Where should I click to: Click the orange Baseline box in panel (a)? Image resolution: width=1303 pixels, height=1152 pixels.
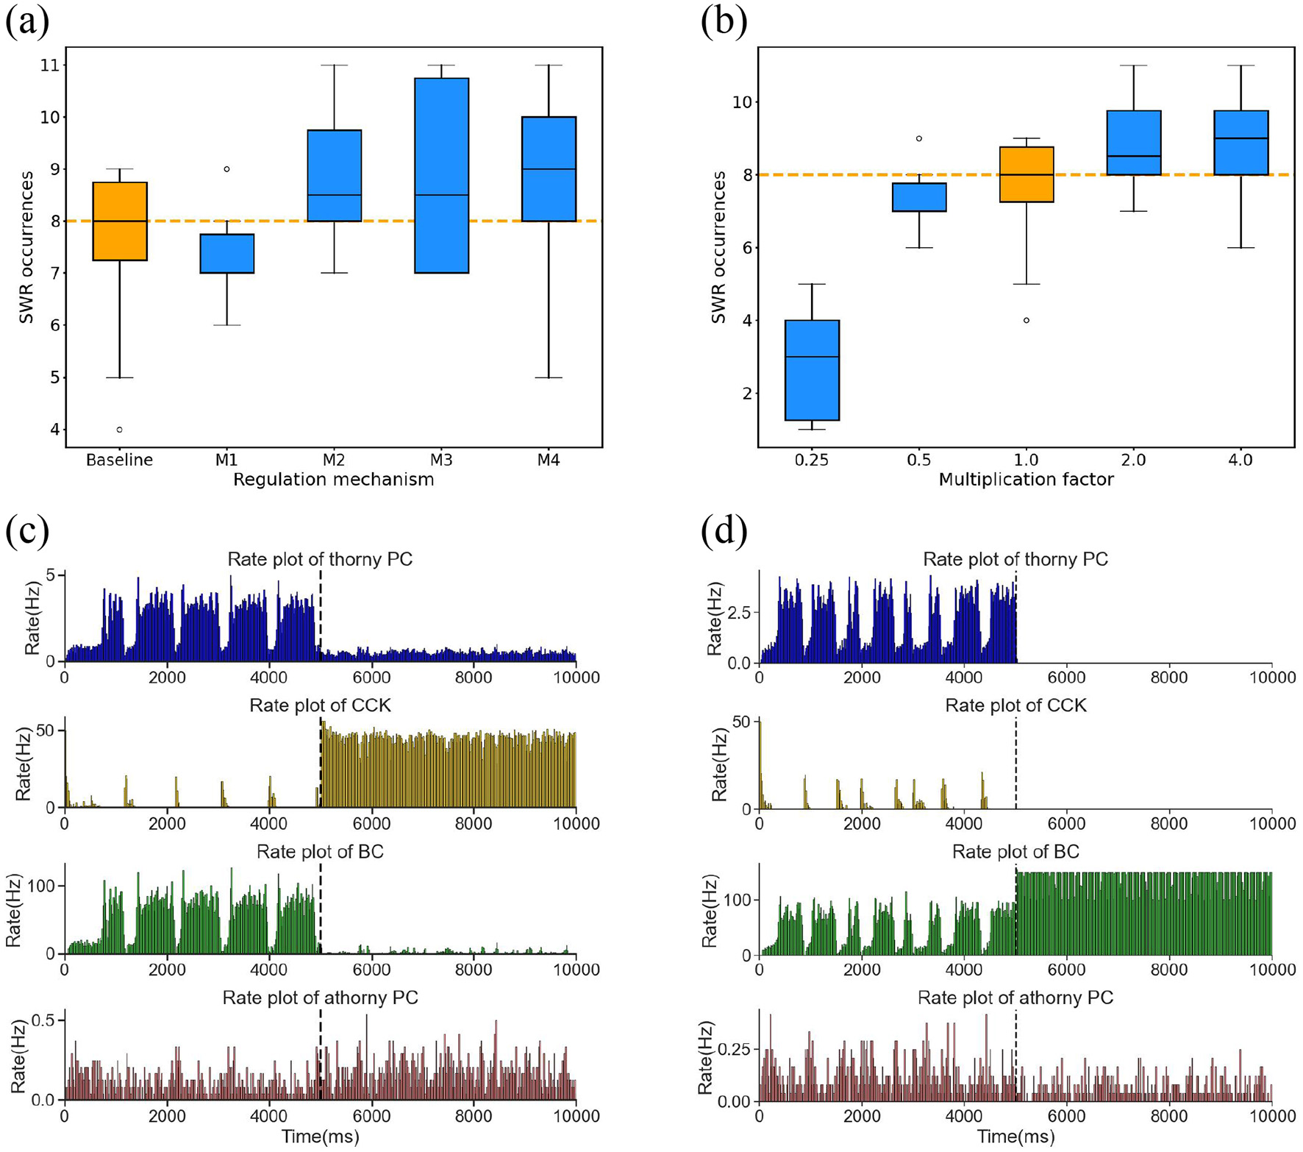tap(120, 221)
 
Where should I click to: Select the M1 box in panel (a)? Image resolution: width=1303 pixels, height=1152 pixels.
tap(226, 254)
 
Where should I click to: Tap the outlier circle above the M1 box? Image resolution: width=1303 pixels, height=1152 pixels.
tap(226, 169)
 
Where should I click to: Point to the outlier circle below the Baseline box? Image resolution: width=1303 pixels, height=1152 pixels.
tap(120, 430)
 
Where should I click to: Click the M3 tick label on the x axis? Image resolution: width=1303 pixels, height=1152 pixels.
tap(440, 461)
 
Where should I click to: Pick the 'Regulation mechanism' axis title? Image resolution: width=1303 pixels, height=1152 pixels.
tap(333, 480)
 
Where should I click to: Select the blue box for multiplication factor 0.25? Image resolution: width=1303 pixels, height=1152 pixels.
tap(812, 370)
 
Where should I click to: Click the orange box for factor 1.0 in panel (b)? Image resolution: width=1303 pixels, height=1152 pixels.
tap(1027, 174)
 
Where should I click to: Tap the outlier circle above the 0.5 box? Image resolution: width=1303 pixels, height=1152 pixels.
tap(919, 138)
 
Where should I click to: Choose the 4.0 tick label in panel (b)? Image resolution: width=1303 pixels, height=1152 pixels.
tap(1240, 461)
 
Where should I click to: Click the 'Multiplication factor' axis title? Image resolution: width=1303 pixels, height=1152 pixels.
tap(1026, 480)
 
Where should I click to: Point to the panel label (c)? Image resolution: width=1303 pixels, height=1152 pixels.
tap(27, 531)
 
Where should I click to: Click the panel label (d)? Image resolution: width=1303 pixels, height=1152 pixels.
tap(724, 531)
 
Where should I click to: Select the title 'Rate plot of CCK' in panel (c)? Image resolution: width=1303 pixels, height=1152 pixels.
tap(320, 705)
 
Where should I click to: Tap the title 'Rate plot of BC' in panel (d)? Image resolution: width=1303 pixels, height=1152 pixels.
tap(1015, 852)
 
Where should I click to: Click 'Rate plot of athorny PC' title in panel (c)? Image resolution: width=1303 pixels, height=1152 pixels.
tap(320, 998)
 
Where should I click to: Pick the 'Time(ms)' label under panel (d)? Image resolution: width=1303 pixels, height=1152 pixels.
tap(1015, 1137)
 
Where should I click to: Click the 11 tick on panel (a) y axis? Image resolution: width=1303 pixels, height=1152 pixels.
tap(49, 65)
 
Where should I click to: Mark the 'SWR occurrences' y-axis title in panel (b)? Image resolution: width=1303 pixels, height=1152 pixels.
tap(718, 247)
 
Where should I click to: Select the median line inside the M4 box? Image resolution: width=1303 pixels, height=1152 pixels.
tap(549, 169)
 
